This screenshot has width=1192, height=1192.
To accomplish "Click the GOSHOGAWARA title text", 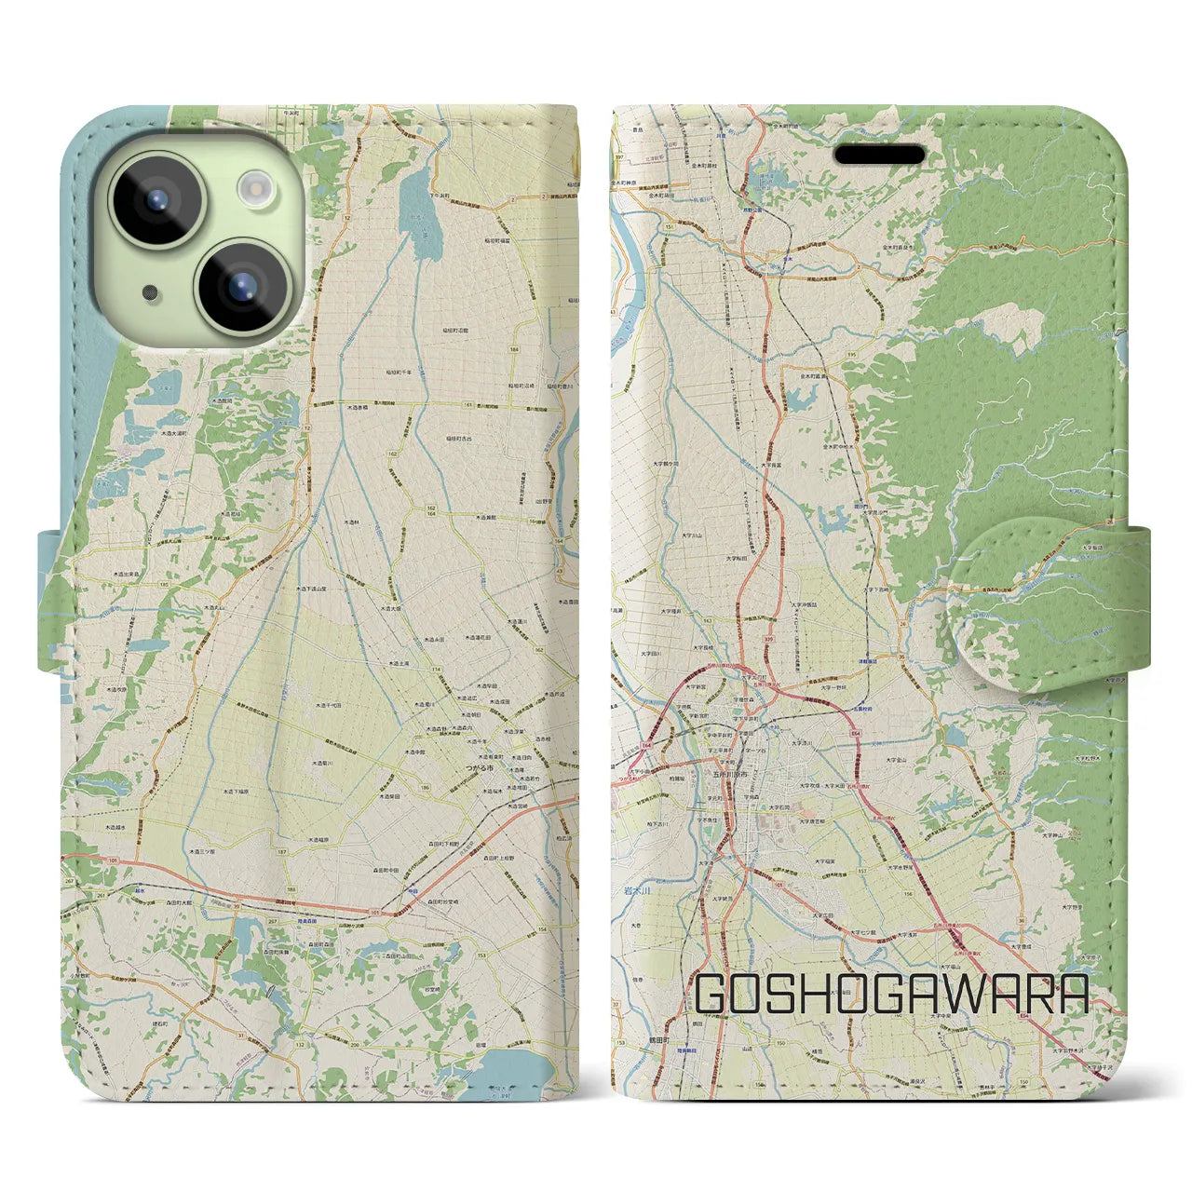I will click(x=891, y=995).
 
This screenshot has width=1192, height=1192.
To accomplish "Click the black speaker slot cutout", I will click(x=878, y=154).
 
